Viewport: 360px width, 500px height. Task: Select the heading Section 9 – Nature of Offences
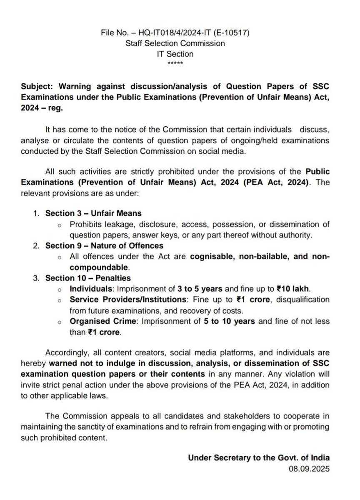pyautogui.click(x=104, y=245)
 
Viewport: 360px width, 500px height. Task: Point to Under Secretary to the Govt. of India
pyautogui.click(x=259, y=457)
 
